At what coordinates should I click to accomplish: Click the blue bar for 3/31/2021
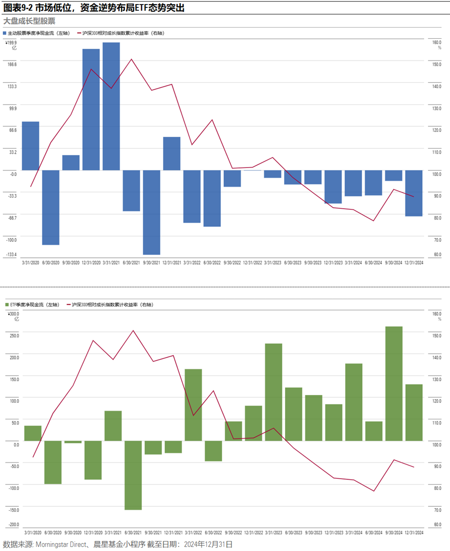tap(111, 106)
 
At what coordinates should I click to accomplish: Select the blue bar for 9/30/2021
tap(152, 212)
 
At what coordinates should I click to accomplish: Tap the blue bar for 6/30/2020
tap(51, 208)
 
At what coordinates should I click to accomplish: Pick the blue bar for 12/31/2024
tap(414, 193)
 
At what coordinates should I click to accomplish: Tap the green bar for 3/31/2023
tap(273, 392)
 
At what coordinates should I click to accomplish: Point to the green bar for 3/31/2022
tap(193, 405)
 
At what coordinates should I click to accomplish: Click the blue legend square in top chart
tap(5, 33)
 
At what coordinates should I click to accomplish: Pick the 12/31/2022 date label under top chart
tap(253, 262)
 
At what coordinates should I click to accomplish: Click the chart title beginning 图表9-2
tap(94, 8)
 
